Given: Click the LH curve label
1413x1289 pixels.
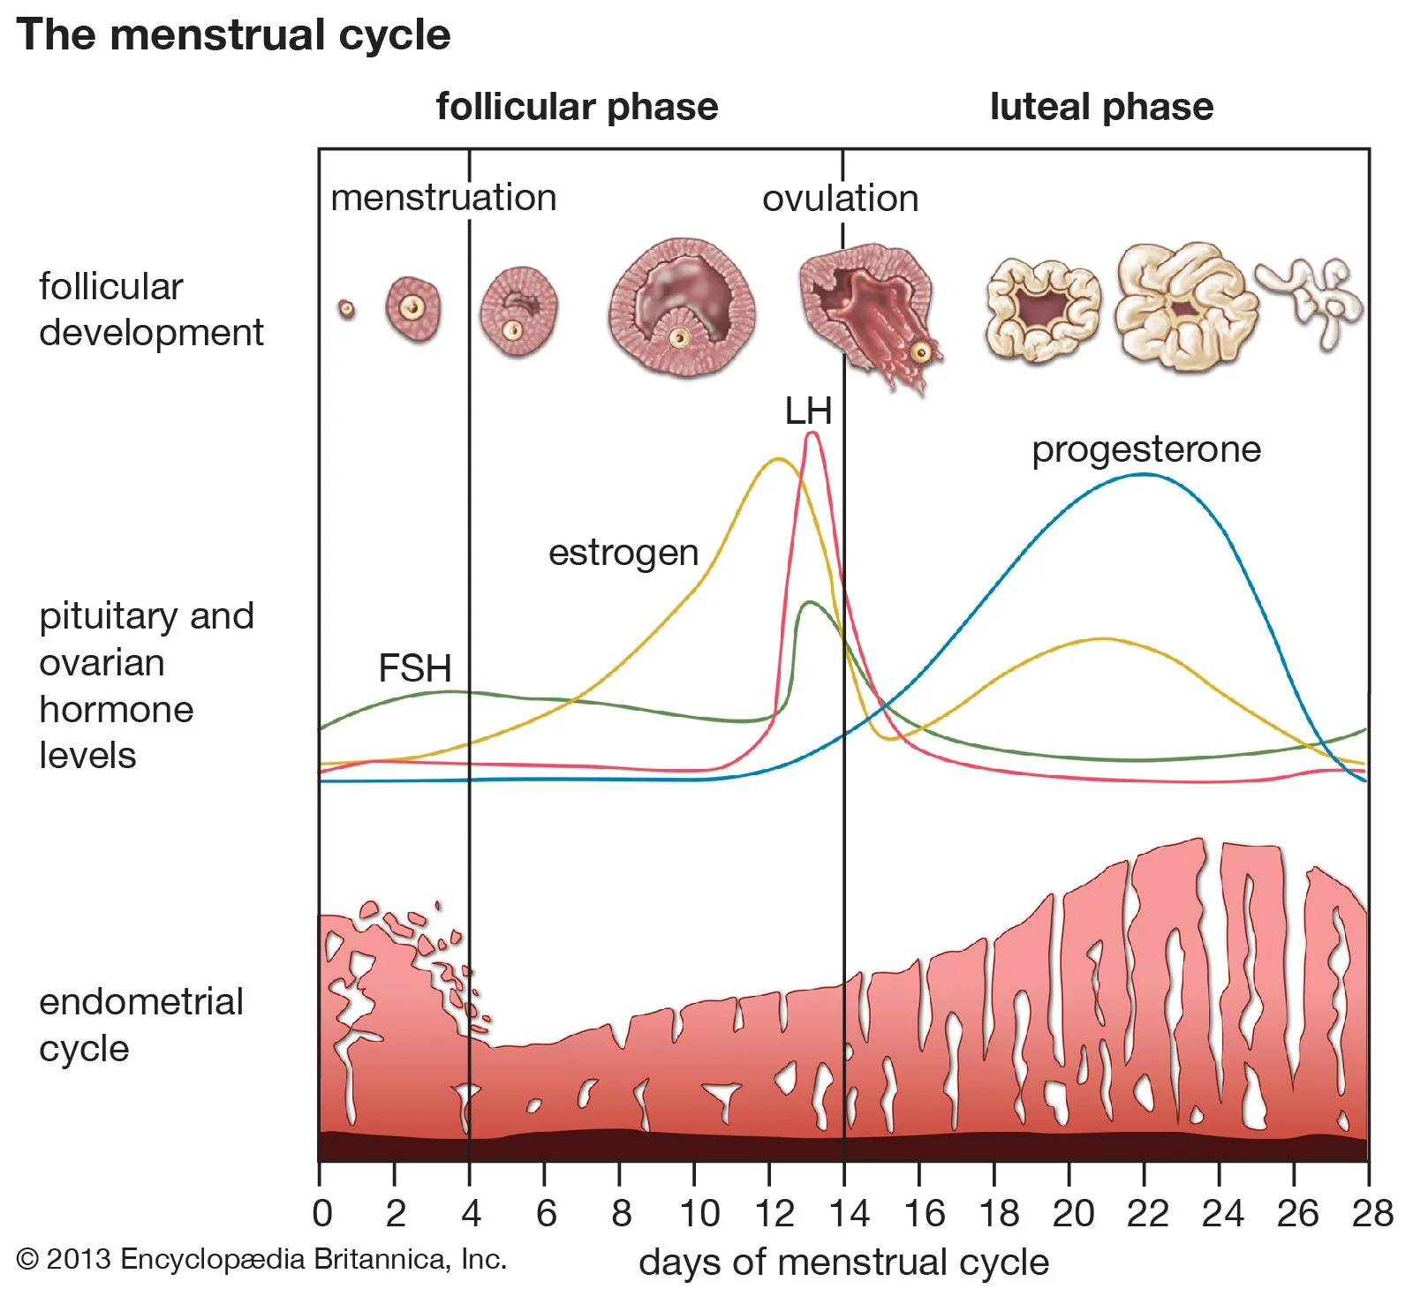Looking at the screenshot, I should pyautogui.click(x=808, y=411).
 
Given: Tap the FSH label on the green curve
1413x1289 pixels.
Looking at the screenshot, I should pyautogui.click(x=414, y=668).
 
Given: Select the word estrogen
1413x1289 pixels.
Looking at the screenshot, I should pyautogui.click(x=623, y=553).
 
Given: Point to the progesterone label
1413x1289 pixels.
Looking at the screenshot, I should pyautogui.click(x=1145, y=449).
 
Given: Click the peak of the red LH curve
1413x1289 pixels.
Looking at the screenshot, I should pyautogui.click(x=812, y=433).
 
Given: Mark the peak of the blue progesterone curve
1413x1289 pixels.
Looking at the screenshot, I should pyautogui.click(x=1144, y=475).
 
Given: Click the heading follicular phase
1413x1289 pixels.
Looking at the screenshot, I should pyautogui.click(x=577, y=107).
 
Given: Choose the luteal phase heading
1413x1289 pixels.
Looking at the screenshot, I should pyautogui.click(x=1101, y=107).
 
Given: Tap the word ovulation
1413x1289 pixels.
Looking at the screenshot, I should pyautogui.click(x=840, y=199).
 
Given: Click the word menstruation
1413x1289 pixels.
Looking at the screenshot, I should pyautogui.click(x=443, y=198).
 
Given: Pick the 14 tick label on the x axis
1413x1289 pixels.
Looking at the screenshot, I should pyautogui.click(x=849, y=1214).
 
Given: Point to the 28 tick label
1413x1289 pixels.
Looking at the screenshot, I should pyautogui.click(x=1372, y=1214).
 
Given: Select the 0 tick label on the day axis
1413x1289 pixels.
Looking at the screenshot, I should pyautogui.click(x=322, y=1214).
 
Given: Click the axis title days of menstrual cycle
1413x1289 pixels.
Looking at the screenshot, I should pyautogui.click(x=843, y=1263).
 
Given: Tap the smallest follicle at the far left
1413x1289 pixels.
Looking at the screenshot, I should pyautogui.click(x=347, y=309).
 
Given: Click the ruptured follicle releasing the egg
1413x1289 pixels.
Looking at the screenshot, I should pyautogui.click(x=870, y=313).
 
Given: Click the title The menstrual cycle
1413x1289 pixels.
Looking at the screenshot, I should pyautogui.click(x=233, y=35).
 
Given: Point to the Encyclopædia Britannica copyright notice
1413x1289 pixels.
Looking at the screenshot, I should pyautogui.click(x=261, y=1259).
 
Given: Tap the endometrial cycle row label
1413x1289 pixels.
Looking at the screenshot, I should pyautogui.click(x=140, y=1025).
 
